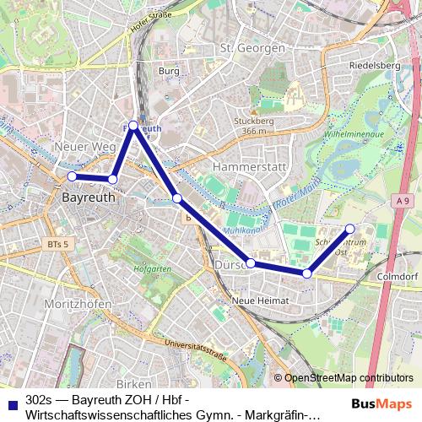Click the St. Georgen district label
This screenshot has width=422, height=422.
tap(252, 48)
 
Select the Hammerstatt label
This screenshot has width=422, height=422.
tap(251, 166)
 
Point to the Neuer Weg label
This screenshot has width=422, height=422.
tap(84, 147)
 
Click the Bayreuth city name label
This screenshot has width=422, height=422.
tap(89, 197)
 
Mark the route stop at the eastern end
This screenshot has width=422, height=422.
tap(351, 228)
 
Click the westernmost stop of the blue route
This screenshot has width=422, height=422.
tap(72, 176)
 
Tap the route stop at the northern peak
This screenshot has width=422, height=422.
tap(133, 125)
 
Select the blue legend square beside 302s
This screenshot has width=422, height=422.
tap(11, 403)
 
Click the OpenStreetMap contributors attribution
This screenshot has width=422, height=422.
tap(348, 377)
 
